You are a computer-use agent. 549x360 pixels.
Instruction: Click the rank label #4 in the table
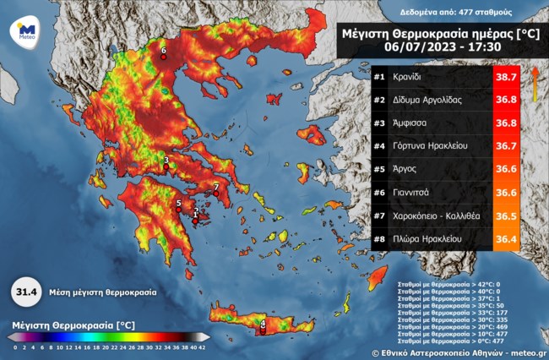pyautogui.click(x=380, y=146)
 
